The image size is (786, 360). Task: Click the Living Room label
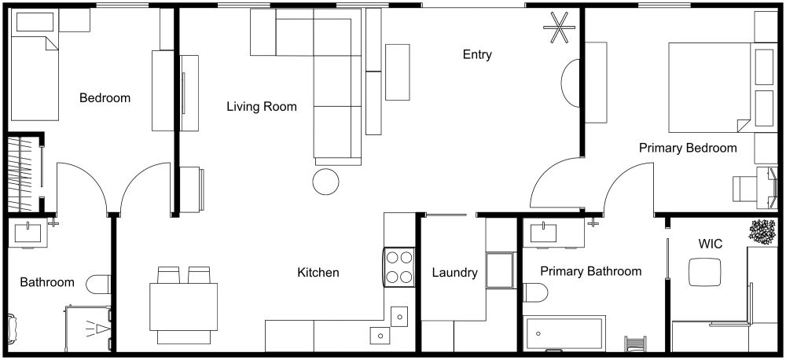coord(262,106)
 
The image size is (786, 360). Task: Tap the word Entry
coord(477,54)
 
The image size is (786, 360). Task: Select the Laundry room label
coord(455,273)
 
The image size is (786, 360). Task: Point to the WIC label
coord(710,244)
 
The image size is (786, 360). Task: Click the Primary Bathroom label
coord(590,271)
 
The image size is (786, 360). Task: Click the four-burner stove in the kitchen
coord(399,266)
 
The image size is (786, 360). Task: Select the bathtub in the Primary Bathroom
coord(563,334)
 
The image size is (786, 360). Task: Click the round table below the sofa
coord(325,182)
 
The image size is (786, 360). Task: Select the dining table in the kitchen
coord(183,302)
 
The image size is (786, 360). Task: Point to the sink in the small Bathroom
coord(32,233)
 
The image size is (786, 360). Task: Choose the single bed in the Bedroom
coord(34,77)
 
